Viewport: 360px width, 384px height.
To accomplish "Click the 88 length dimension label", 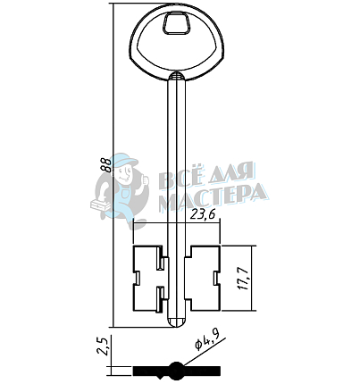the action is [106, 164].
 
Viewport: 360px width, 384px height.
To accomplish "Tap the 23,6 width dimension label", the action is [203, 214].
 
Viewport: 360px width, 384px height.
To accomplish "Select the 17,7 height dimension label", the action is [243, 279].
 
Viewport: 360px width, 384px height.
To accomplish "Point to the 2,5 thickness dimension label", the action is [103, 346].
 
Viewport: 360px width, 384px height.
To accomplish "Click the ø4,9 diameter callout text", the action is [207, 340].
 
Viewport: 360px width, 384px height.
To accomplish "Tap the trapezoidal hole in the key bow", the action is [176, 23].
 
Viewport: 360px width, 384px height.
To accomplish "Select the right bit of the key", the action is [202, 279].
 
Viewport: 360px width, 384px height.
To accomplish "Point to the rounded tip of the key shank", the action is [176, 322].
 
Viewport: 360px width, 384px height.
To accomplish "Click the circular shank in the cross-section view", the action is [176, 370].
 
